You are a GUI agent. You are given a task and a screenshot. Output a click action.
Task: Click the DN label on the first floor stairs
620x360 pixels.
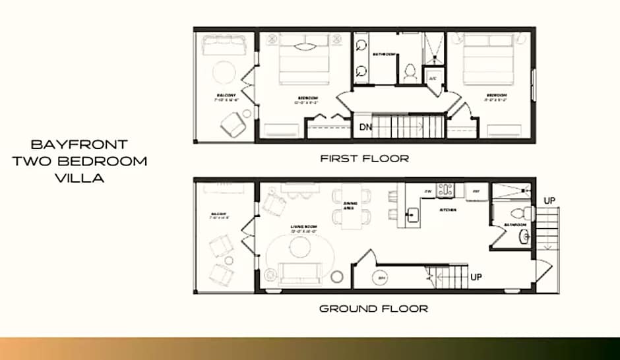click(365, 126)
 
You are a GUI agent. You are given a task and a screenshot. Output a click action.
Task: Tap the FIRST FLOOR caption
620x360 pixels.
click(364, 158)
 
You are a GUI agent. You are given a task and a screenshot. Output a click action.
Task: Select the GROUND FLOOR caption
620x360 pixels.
click(373, 308)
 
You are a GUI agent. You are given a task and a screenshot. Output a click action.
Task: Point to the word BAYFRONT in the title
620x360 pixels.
click(79, 144)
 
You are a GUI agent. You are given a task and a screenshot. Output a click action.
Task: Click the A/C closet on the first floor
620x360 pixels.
click(433, 77)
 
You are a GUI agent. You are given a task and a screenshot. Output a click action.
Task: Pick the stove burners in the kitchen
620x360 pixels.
click(445, 190)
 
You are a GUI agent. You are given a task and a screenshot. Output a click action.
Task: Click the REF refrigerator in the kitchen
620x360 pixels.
click(476, 191)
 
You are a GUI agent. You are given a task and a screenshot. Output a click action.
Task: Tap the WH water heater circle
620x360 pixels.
click(381, 278)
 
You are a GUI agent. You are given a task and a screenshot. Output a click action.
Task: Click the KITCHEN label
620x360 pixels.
click(449, 210)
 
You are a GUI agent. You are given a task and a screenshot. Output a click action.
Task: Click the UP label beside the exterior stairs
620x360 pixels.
click(549, 200)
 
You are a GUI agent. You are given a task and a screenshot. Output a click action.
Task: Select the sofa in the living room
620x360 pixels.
click(300, 272)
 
